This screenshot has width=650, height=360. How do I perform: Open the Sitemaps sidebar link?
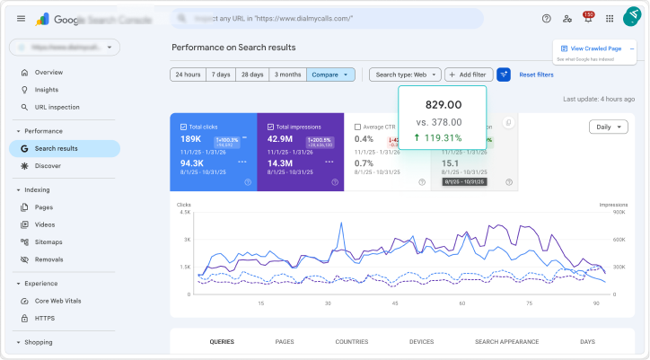pyautogui.click(x=48, y=241)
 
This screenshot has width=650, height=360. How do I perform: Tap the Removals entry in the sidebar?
pyautogui.click(x=48, y=259)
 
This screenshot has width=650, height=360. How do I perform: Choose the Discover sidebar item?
pyautogui.click(x=48, y=166)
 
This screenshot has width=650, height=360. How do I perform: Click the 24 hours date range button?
pyautogui.click(x=188, y=75)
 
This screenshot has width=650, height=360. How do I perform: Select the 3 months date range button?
pyautogui.click(x=287, y=75)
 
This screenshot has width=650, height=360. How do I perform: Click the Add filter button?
pyautogui.click(x=468, y=75)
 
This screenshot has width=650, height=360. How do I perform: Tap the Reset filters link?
pyautogui.click(x=536, y=75)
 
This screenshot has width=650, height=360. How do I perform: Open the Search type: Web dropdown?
pyautogui.click(x=405, y=75)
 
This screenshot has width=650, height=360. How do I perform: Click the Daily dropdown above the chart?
pyautogui.click(x=608, y=127)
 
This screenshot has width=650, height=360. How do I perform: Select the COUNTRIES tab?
pyautogui.click(x=351, y=342)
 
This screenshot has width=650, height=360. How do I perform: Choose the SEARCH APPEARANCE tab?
pyautogui.click(x=506, y=342)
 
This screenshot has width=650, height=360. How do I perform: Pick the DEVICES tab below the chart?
pyautogui.click(x=421, y=342)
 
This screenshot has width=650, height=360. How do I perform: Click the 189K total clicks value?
pyautogui.click(x=190, y=139)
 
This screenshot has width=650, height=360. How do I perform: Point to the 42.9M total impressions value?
pyautogui.click(x=280, y=139)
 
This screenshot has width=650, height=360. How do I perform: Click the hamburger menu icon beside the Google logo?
pyautogui.click(x=21, y=18)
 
